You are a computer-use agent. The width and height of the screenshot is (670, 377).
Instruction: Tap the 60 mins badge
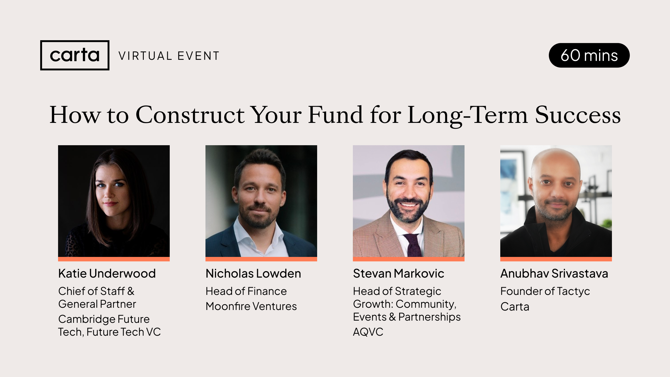pos(589,55)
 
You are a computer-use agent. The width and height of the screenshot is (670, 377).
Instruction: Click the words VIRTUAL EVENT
pos(169,56)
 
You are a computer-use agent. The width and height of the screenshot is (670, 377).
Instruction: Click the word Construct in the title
pos(190,115)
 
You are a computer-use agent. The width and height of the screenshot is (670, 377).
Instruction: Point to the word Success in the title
pos(578,115)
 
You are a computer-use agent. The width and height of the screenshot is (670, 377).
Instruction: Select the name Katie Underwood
pos(107,273)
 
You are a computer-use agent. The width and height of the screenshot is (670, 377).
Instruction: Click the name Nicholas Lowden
pos(253,273)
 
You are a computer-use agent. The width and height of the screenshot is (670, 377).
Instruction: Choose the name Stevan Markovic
pos(398,273)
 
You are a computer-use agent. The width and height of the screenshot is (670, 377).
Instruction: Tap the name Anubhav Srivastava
pos(554,273)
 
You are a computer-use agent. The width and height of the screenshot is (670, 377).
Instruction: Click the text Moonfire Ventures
pos(251,306)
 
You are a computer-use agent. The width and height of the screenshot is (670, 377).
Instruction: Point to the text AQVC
pos(368,332)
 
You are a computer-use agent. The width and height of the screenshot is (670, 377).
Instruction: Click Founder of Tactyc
pos(545,292)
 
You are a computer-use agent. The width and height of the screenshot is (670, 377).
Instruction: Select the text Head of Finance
pos(246,291)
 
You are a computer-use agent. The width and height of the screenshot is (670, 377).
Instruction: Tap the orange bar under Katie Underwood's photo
pos(114,259)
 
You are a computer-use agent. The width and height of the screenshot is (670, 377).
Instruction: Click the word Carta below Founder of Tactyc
pos(515,307)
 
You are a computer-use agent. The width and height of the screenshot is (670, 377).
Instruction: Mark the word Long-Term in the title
pos(468,115)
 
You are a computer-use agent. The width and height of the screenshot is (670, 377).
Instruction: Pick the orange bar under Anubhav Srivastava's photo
pos(556,259)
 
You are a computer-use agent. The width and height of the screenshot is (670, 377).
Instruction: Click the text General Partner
pos(97,304)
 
